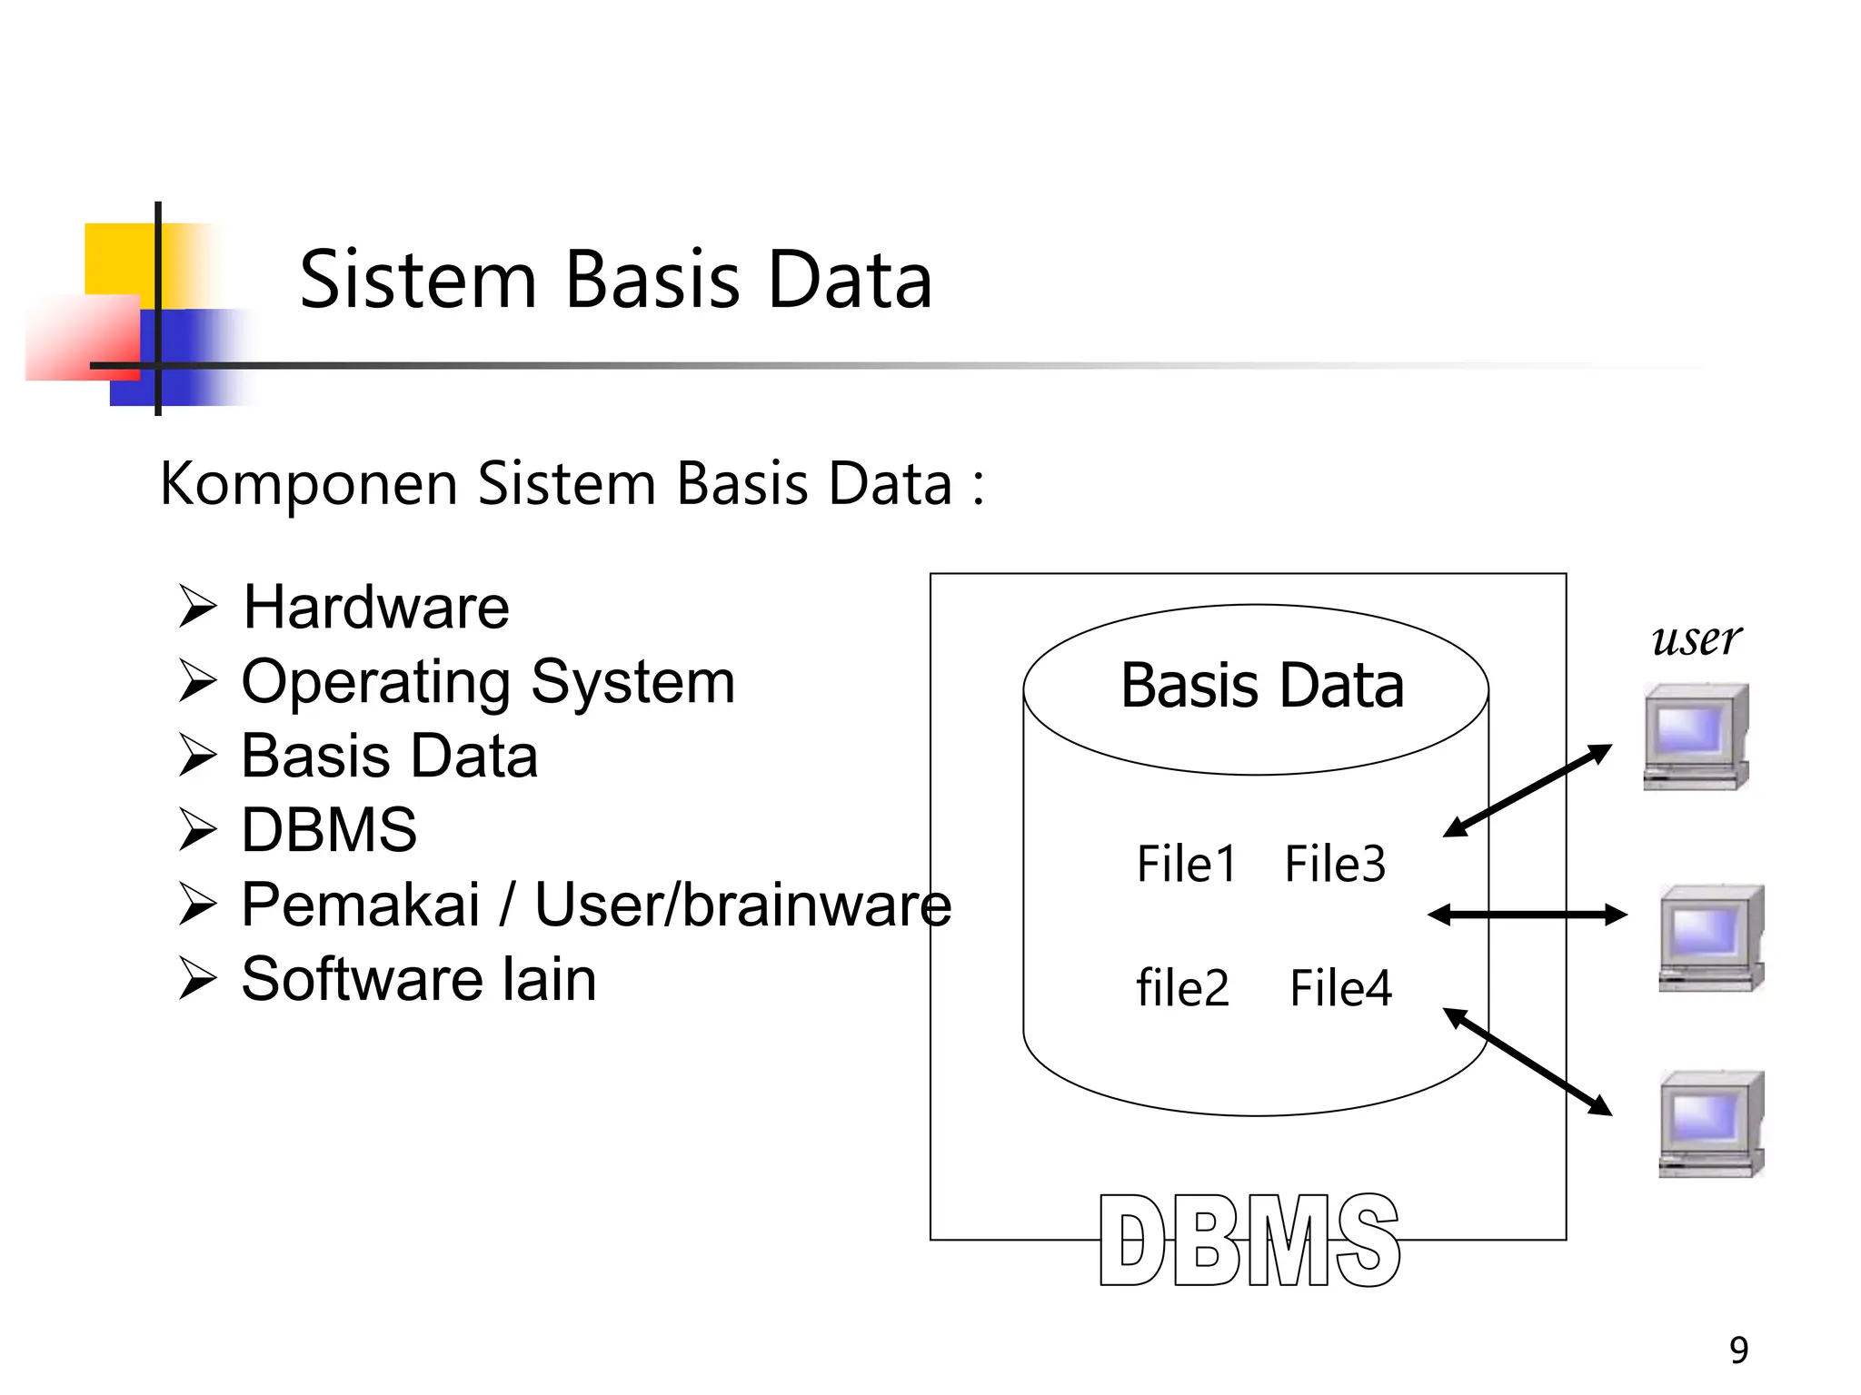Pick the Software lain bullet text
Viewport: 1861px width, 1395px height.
pyautogui.click(x=419, y=979)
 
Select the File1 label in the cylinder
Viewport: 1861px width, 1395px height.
pyautogui.click(x=1186, y=864)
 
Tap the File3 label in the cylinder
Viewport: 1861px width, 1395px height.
pyautogui.click(x=1334, y=864)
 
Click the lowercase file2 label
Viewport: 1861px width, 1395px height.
pyautogui.click(x=1182, y=988)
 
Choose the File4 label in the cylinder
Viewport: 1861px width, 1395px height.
pyautogui.click(x=1340, y=988)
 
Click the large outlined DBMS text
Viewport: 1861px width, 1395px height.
pyautogui.click(x=1249, y=1241)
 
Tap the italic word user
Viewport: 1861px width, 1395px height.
pyautogui.click(x=1696, y=638)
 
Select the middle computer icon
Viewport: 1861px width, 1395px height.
pyautogui.click(x=1710, y=937)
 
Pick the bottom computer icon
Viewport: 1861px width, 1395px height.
pyautogui.click(x=1710, y=1124)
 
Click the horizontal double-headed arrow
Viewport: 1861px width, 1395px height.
pyautogui.click(x=1527, y=915)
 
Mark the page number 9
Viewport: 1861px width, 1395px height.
pyautogui.click(x=1738, y=1350)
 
